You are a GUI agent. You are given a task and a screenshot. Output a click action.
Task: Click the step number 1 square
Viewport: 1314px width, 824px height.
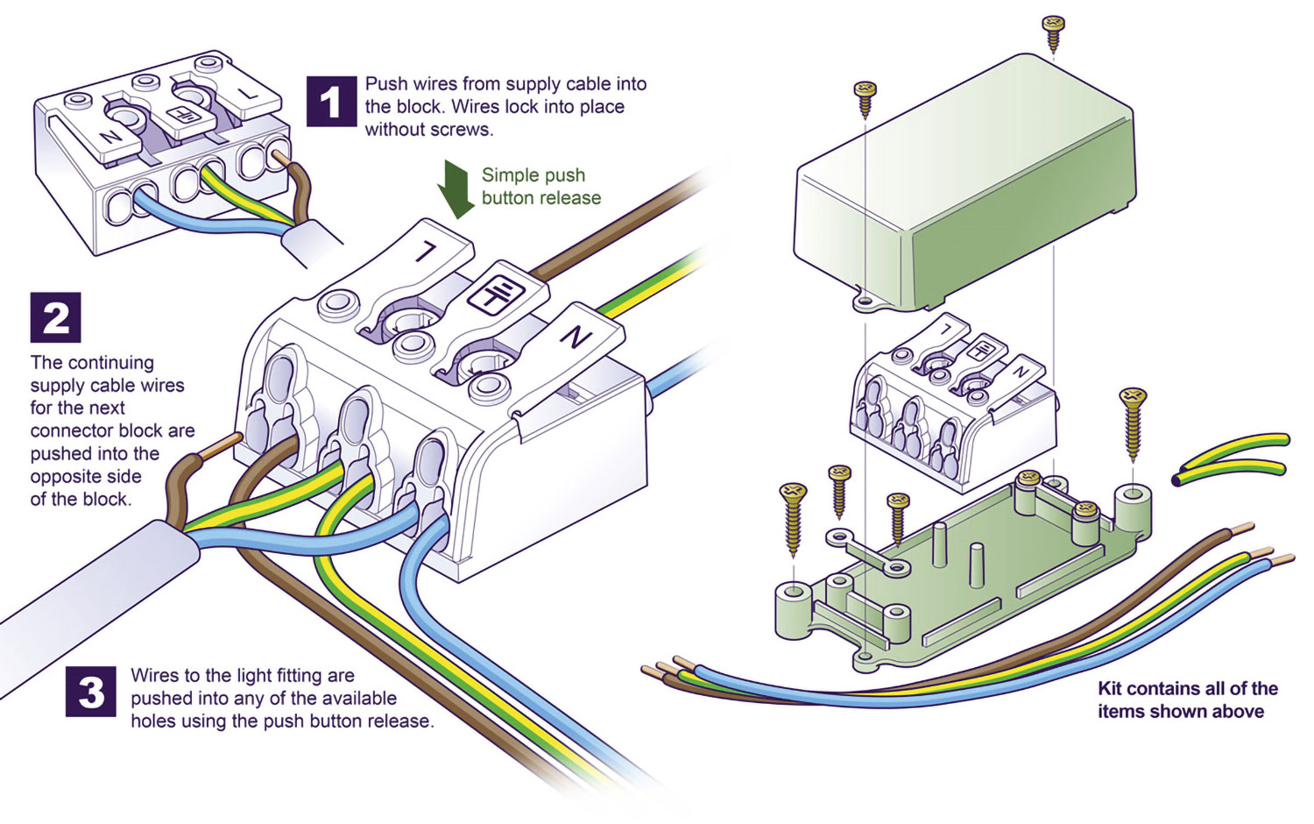330,102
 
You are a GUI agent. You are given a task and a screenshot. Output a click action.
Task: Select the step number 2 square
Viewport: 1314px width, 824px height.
55,317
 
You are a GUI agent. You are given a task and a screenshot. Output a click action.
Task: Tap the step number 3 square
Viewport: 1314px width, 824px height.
90,692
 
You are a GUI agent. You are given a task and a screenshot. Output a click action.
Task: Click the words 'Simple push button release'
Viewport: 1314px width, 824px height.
540,187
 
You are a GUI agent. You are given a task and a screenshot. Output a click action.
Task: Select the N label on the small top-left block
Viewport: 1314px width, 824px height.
111,138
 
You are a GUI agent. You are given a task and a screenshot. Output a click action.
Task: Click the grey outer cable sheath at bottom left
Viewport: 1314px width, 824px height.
96,596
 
